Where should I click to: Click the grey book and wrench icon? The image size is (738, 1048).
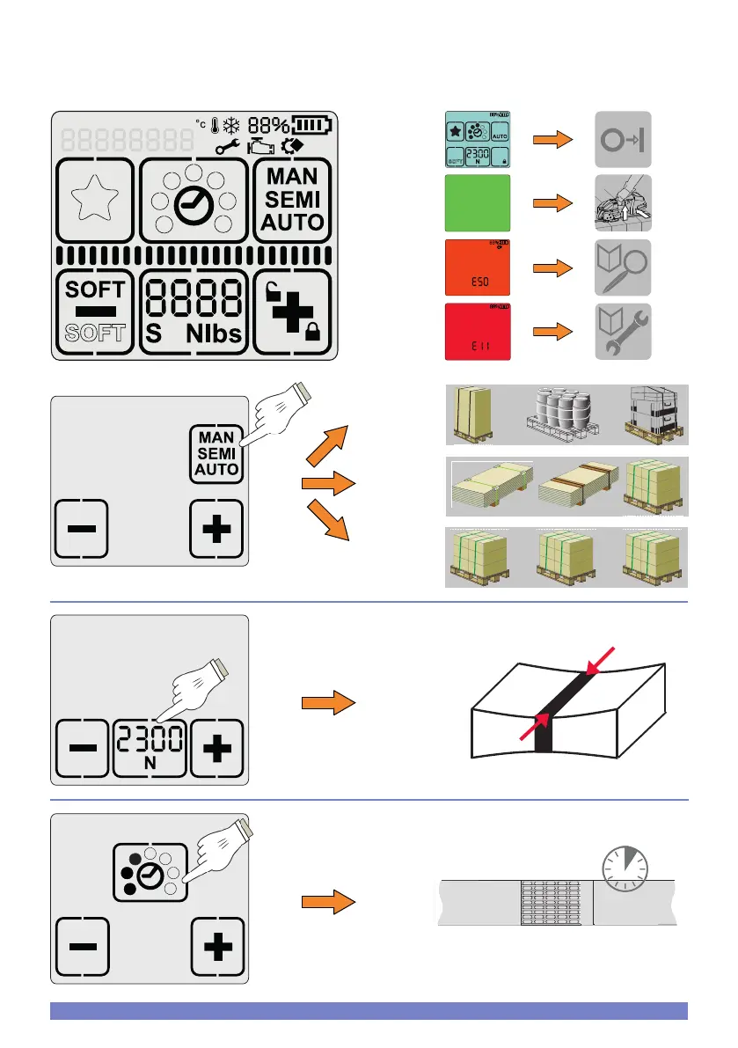[622, 331]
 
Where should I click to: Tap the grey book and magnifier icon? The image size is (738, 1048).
[622, 267]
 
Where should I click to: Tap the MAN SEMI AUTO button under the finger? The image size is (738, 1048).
[216, 452]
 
